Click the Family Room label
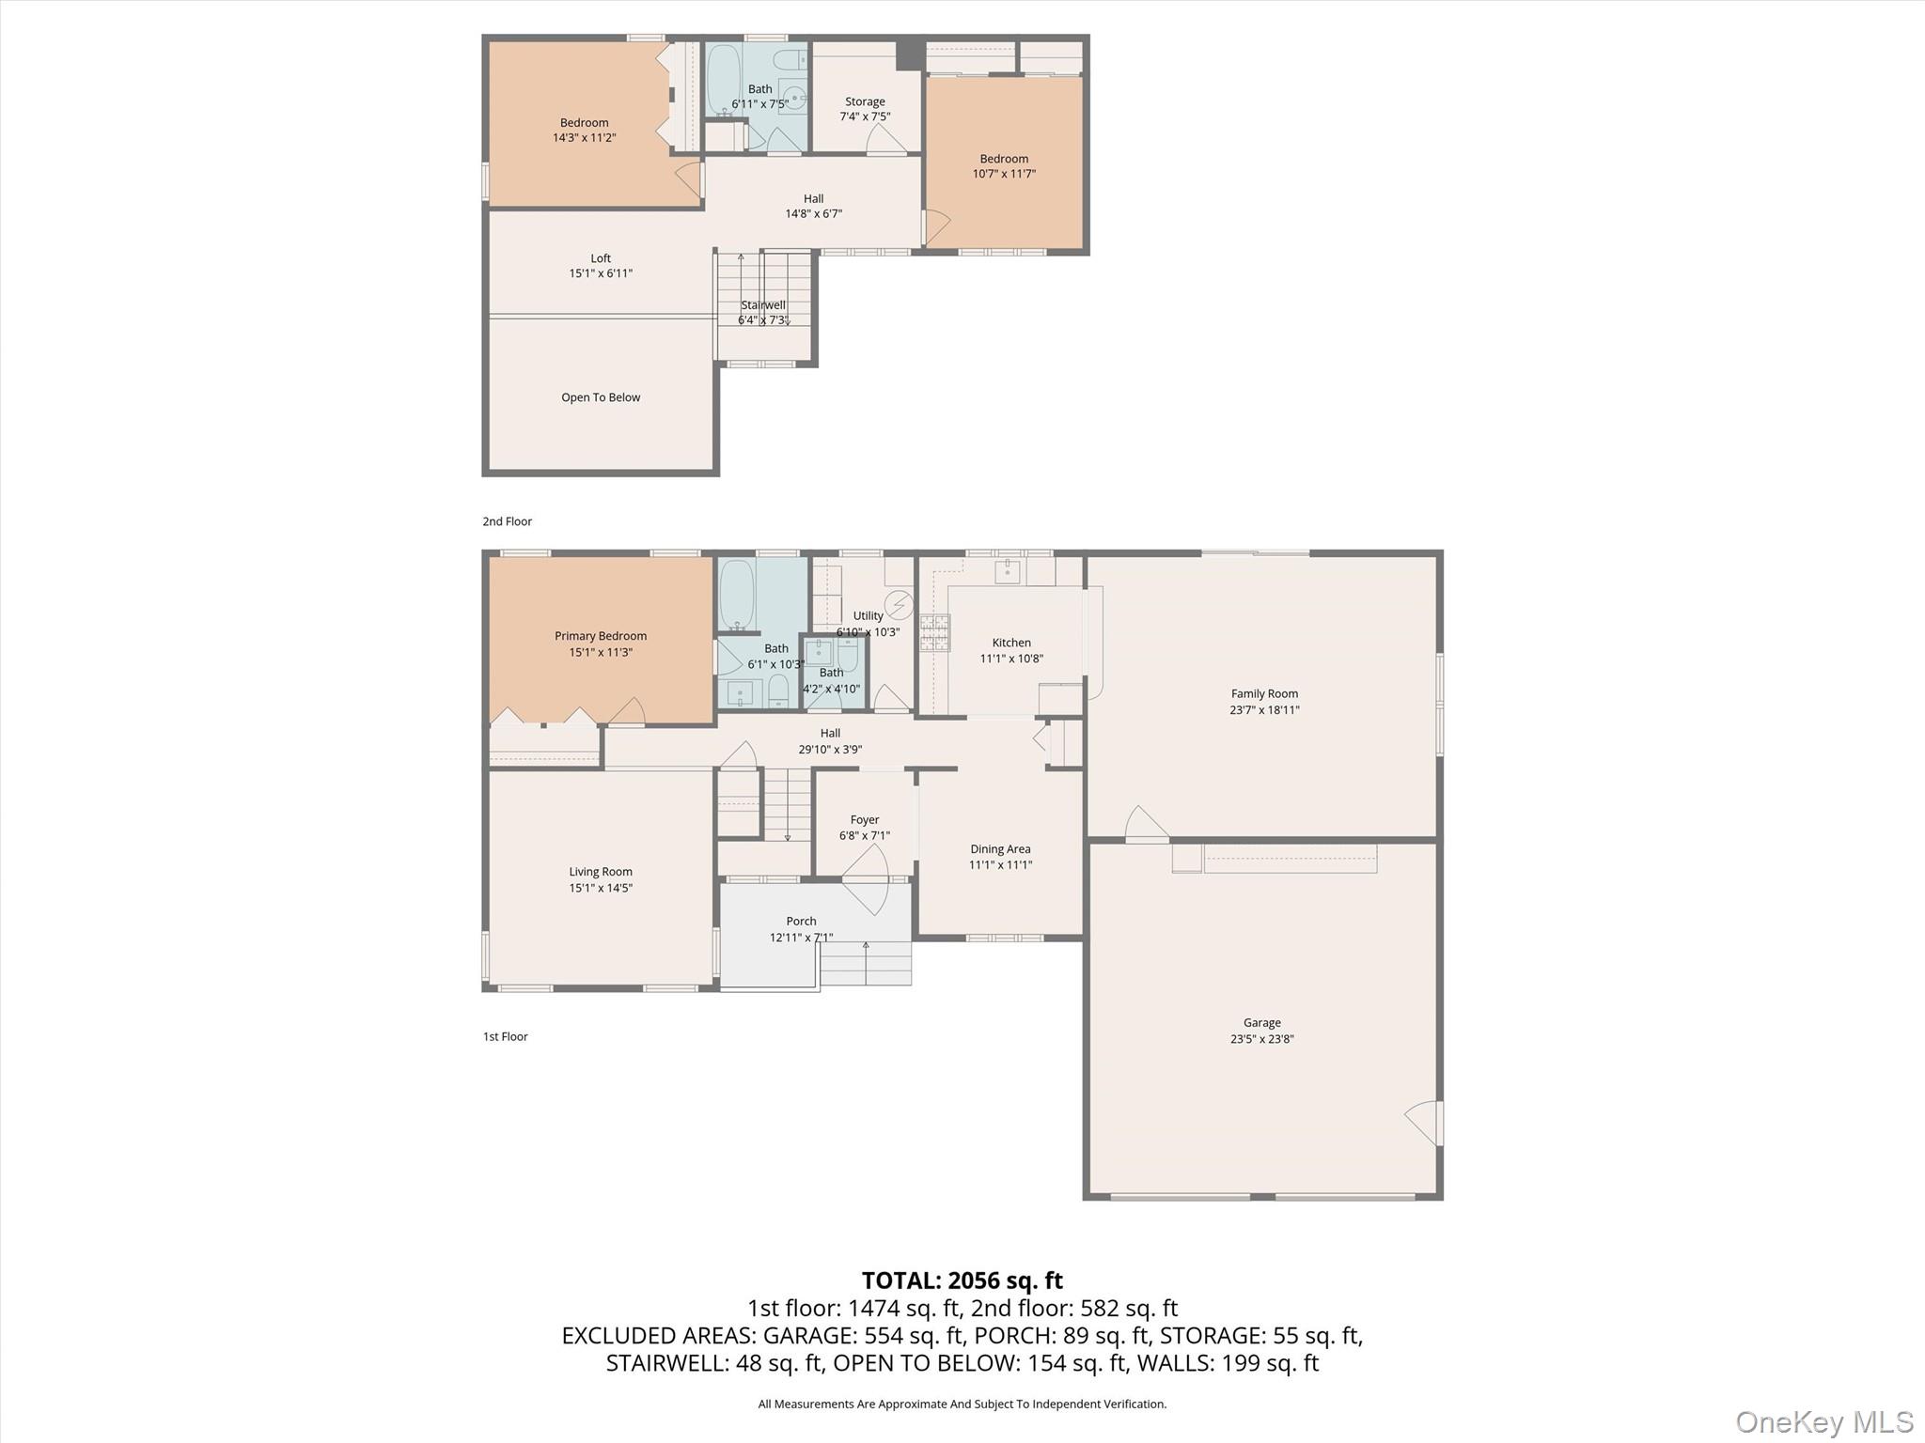[x=1264, y=693]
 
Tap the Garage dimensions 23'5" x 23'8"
[x=1261, y=1038]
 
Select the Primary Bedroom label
[x=601, y=636]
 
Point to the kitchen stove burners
[x=934, y=632]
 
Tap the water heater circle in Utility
[x=900, y=603]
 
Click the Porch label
[x=801, y=921]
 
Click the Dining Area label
[x=1000, y=848]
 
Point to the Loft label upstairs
[x=601, y=258]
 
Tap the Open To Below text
[x=601, y=397]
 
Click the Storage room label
[x=865, y=101]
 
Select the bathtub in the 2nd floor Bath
[x=723, y=79]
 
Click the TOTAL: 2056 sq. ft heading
[x=962, y=1280]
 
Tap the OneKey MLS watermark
[x=1823, y=1421]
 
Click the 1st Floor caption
[x=506, y=1036]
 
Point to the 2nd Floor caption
[x=508, y=521]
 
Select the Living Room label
[x=601, y=872]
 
